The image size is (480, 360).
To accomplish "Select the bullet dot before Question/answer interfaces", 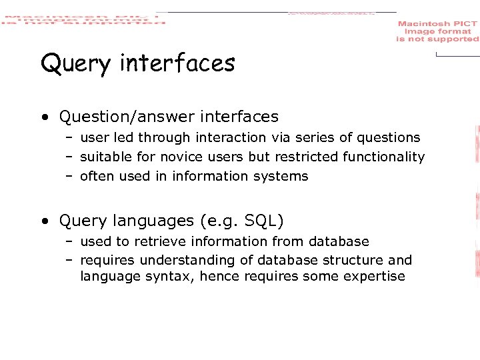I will click(44, 117).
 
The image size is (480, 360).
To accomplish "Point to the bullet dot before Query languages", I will click(44, 221).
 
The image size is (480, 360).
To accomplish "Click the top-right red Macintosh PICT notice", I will click(437, 31).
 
